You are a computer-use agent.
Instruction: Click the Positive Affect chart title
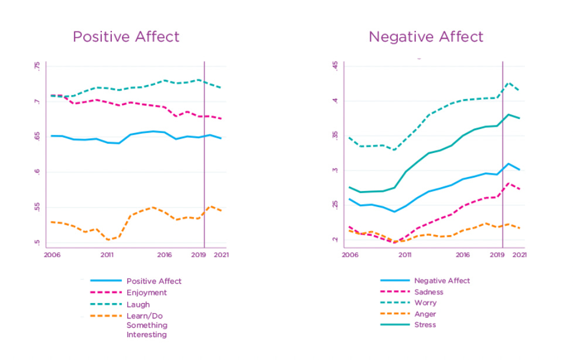(126, 37)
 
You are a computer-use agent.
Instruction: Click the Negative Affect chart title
(426, 37)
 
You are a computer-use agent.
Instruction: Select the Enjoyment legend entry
(146, 293)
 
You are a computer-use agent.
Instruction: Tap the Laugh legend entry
(138, 304)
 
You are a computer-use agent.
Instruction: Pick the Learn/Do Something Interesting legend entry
(146, 325)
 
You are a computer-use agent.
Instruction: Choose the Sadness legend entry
(428, 292)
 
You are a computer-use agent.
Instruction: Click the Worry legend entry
(425, 303)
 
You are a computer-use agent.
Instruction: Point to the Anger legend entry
(425, 314)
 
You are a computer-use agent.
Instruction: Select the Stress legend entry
(425, 325)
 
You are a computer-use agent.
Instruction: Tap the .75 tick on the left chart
(37, 66)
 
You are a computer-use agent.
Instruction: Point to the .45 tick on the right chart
(336, 66)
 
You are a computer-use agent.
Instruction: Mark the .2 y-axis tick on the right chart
(336, 240)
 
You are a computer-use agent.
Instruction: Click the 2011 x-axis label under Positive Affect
(107, 255)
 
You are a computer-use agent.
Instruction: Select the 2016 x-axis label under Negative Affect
(463, 255)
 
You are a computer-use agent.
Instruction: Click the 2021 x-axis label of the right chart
(519, 255)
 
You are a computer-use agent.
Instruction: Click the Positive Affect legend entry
(154, 281)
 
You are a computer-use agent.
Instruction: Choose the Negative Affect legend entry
(442, 281)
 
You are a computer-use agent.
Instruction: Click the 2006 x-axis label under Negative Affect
(350, 255)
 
